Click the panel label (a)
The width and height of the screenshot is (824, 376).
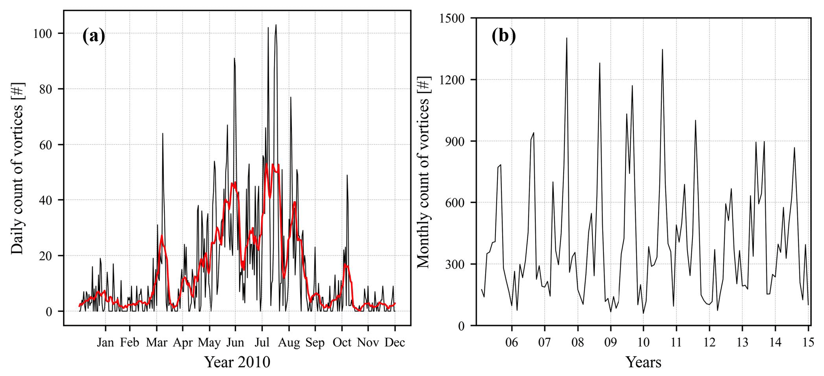coord(94,36)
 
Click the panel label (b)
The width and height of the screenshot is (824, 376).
coord(503,36)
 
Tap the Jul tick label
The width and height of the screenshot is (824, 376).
coord(262,343)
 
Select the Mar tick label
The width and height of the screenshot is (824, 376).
coord(157,343)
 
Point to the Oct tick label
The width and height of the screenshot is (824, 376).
coord(342,343)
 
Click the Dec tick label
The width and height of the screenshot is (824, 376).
coord(395,343)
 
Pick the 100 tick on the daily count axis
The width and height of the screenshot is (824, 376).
coord(42,33)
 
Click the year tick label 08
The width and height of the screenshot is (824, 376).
coord(577,343)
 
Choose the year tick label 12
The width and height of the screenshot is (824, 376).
coord(709,343)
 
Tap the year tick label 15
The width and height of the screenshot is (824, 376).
coord(808,343)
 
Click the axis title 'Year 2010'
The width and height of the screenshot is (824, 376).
coord(237,362)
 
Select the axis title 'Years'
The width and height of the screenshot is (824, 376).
coord(643,362)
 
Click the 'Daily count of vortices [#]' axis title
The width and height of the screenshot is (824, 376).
coord(18,168)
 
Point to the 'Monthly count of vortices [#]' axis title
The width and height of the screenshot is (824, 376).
coord(423,172)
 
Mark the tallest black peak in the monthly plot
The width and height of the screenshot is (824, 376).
coord(566,39)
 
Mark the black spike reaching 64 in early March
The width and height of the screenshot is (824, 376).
coord(163,134)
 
